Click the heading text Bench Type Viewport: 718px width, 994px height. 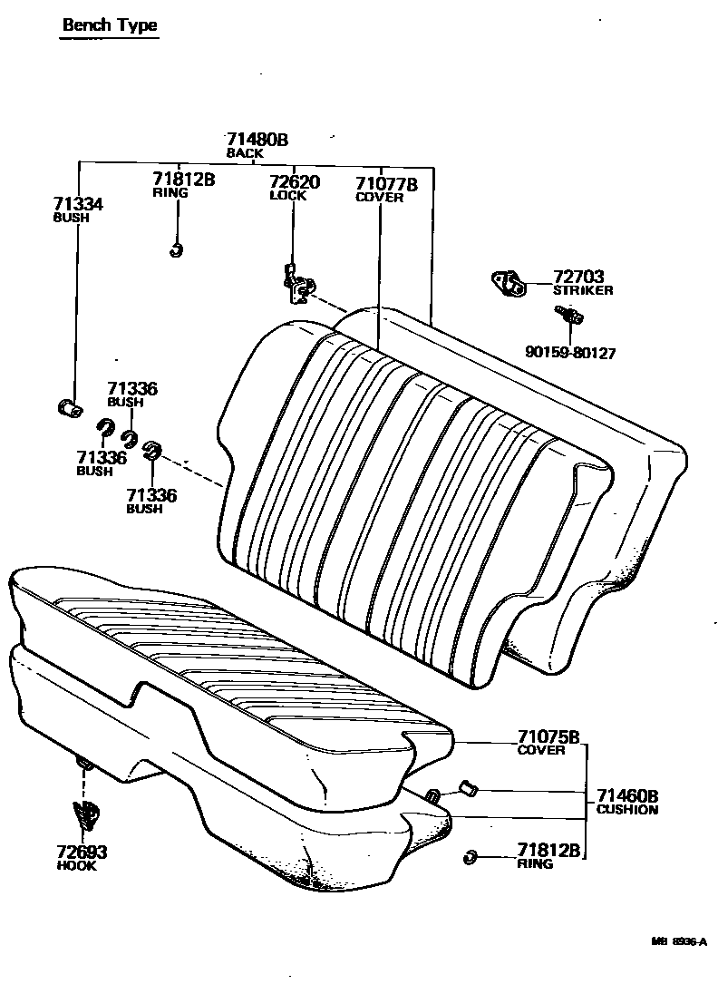click(110, 24)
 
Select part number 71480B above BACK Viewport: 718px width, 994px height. click(257, 140)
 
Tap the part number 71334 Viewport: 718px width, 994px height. click(78, 205)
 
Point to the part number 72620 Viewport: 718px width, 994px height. click(295, 182)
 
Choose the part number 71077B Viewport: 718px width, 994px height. click(386, 184)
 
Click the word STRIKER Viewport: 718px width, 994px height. click(583, 290)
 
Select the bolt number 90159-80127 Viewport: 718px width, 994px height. click(569, 353)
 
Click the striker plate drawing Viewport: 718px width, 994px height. click(509, 283)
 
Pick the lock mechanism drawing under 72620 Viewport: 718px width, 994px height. click(296, 285)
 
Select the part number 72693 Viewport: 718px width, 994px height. click(82, 853)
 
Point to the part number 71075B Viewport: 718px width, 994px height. click(548, 736)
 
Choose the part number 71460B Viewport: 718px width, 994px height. click(626, 795)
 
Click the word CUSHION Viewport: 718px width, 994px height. click(626, 809)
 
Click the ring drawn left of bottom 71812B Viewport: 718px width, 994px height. click(470, 855)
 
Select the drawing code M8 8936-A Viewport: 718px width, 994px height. click(677, 942)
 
